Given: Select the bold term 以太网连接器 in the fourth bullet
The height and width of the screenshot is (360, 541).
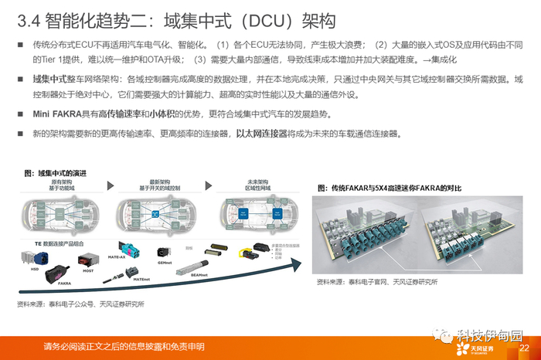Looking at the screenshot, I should [264, 134].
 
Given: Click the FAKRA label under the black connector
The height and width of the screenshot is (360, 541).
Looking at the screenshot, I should [65, 284].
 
